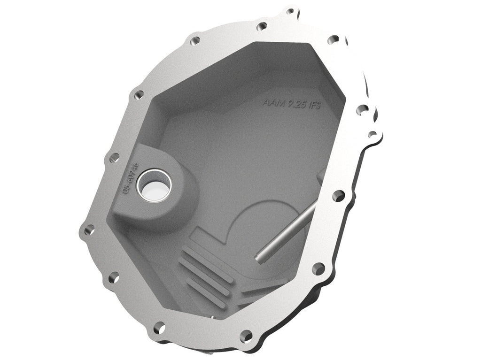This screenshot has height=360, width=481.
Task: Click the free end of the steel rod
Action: click(259, 256)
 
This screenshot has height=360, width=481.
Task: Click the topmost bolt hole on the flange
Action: click(290, 11)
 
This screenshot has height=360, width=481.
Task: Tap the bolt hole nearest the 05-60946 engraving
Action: click(114, 158)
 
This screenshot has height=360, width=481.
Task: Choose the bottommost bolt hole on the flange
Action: click(245, 335)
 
